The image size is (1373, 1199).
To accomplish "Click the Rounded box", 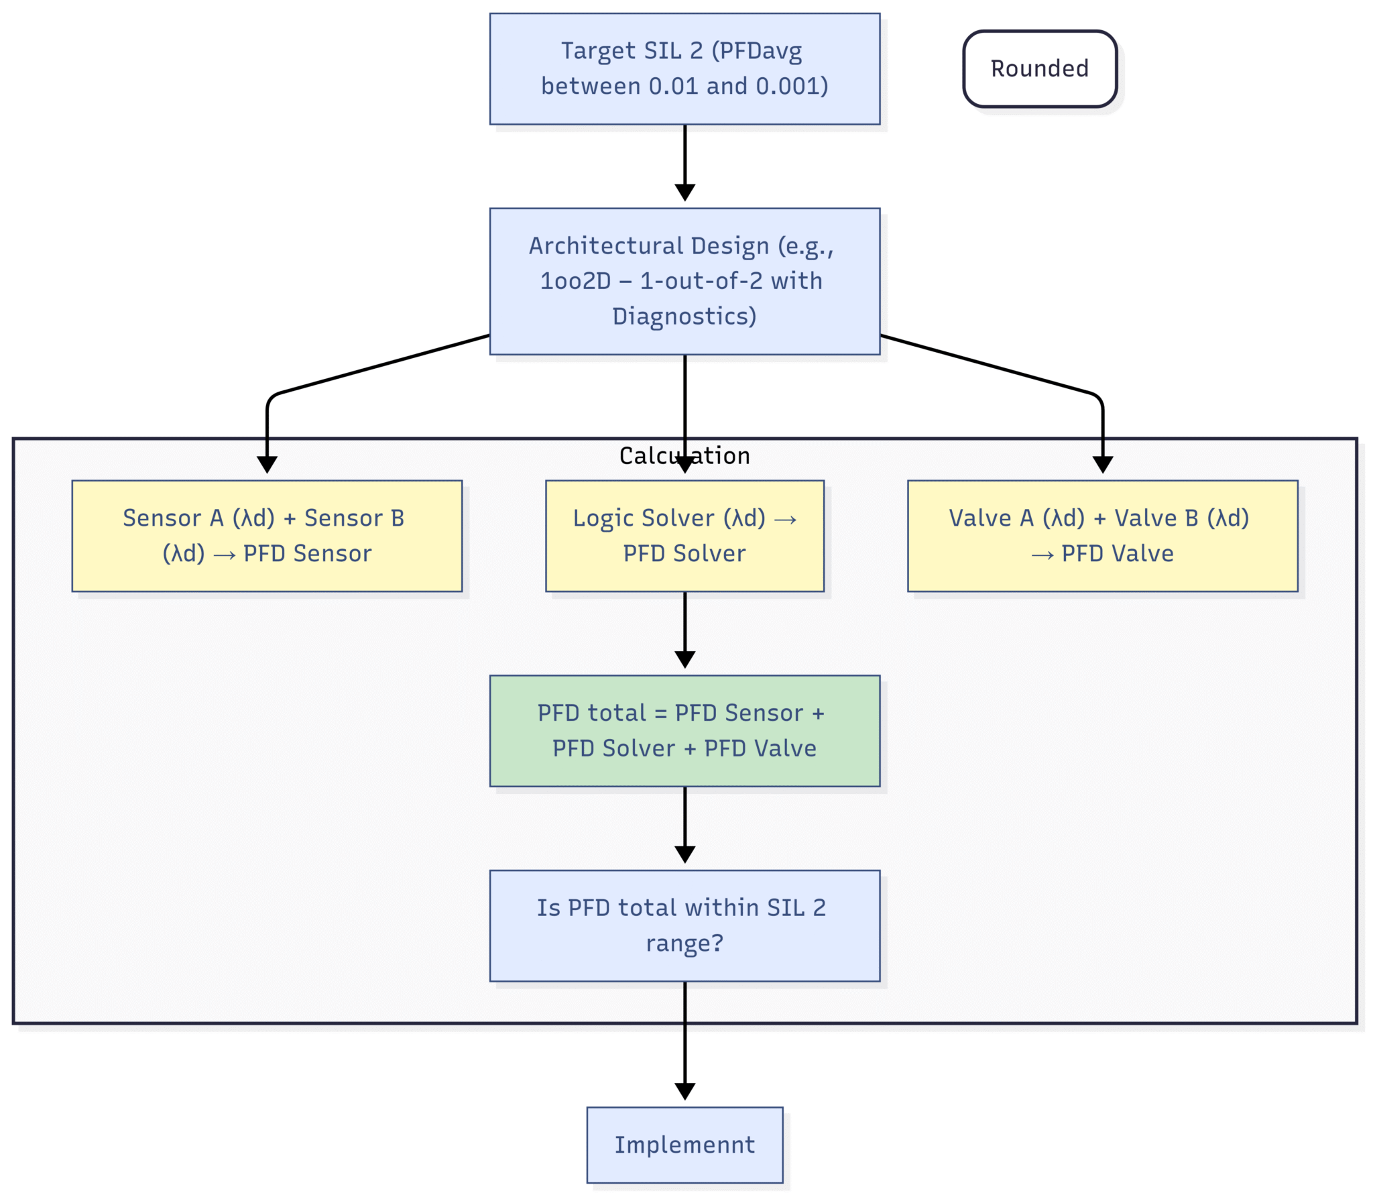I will (1040, 69).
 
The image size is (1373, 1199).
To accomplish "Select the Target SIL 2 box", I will (684, 69).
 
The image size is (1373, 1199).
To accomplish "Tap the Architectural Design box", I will (684, 281).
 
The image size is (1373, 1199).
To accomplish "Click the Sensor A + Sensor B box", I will (267, 536).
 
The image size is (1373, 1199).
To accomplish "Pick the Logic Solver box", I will (684, 536).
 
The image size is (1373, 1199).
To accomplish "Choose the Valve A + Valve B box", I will (1102, 536).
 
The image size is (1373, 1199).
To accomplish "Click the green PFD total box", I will (684, 731).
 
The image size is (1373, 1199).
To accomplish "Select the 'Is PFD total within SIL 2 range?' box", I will (684, 925).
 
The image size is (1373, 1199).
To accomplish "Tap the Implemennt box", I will (684, 1145).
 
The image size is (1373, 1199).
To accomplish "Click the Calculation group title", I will (684, 456).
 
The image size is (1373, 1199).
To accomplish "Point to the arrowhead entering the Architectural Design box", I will (684, 192).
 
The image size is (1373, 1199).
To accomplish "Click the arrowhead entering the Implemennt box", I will (684, 1092).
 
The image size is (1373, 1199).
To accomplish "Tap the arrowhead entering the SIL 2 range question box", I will (684, 854).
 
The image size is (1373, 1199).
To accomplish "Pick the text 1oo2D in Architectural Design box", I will (575, 281).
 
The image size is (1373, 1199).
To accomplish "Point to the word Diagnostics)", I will (684, 316).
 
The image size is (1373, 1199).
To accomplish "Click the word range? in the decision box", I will (684, 944).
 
